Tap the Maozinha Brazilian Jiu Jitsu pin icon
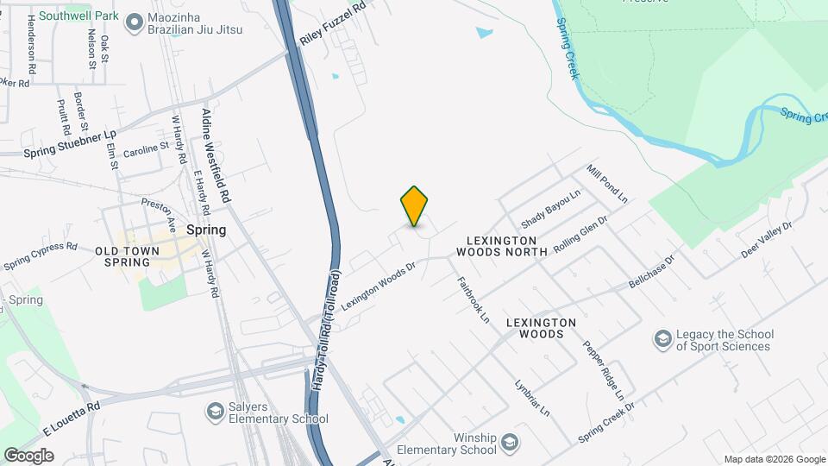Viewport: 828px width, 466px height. [134, 22]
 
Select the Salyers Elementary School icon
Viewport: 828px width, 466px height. [214, 412]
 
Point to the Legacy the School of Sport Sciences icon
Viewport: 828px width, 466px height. [662, 340]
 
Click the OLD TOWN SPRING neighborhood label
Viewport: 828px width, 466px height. [127, 256]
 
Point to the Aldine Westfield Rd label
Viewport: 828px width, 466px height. [216, 155]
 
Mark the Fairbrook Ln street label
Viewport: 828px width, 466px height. [472, 299]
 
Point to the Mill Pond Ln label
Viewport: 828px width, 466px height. [607, 184]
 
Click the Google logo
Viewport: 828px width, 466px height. [28, 455]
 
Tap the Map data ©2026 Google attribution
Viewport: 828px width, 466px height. [774, 459]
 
